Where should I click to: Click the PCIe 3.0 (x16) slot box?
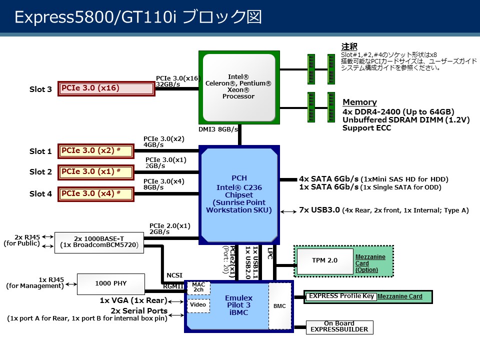click(106, 88)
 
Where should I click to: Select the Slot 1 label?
click(40, 151)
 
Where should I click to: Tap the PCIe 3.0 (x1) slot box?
click(96, 172)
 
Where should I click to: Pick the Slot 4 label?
click(40, 193)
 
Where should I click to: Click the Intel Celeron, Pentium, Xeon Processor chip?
click(238, 86)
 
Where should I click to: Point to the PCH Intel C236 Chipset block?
click(239, 194)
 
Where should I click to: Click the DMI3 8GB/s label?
click(217, 128)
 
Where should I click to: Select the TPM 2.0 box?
click(324, 260)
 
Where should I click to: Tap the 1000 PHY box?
click(110, 283)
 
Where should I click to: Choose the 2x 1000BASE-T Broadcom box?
click(99, 242)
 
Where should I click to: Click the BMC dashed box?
click(279, 305)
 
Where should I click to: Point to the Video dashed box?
click(198, 305)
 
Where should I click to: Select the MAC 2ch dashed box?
click(198, 287)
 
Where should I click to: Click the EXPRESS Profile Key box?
click(340, 296)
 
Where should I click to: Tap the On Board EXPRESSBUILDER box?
click(339, 326)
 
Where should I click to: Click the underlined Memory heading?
click(359, 102)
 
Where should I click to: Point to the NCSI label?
click(174, 274)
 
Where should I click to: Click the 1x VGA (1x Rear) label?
click(133, 301)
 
